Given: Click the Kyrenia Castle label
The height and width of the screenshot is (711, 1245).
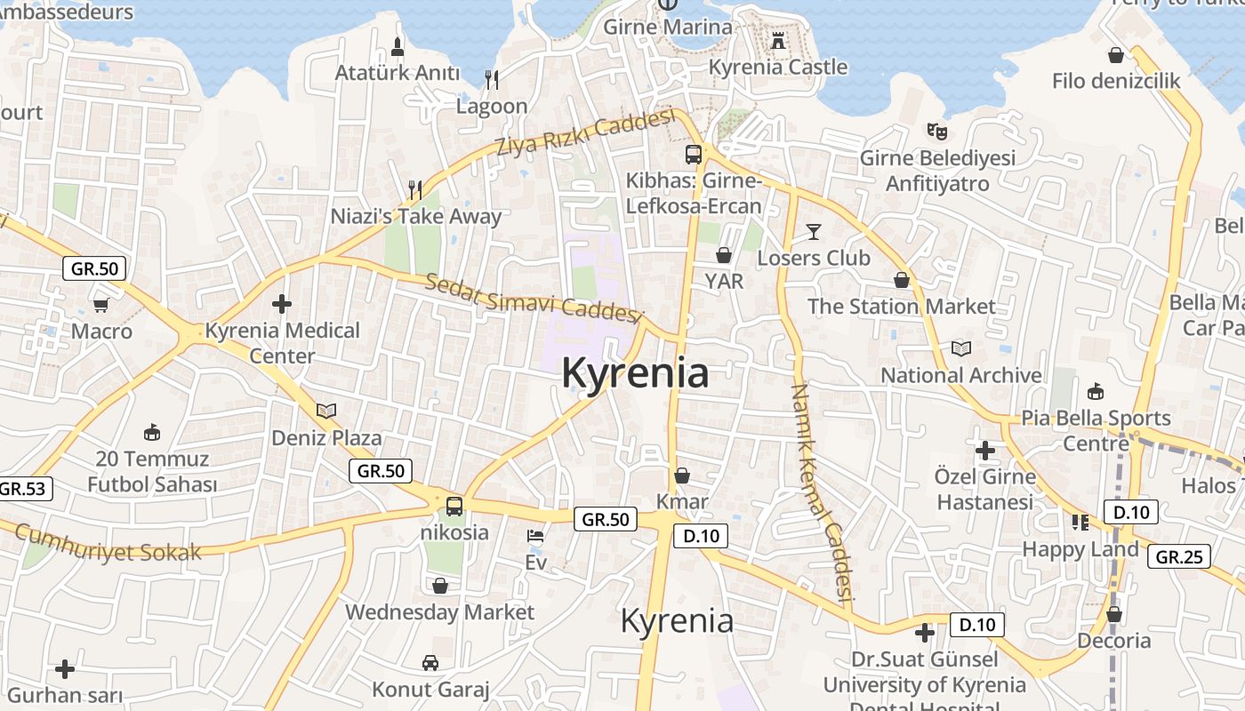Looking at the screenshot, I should [778, 67].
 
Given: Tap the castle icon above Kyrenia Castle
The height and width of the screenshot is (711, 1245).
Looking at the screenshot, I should [778, 40].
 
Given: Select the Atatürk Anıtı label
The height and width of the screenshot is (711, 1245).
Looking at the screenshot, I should [398, 73].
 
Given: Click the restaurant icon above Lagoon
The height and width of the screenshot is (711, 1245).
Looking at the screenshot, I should [492, 80].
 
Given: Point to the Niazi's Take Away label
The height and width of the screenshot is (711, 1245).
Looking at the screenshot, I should [416, 216].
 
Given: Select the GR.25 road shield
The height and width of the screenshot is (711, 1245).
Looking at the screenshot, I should [1179, 557].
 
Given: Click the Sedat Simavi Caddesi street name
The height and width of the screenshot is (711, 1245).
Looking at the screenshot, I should [534, 299].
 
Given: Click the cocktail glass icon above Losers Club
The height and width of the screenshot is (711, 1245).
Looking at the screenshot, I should [813, 233].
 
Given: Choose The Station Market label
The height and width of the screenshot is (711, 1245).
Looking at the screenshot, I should [902, 307].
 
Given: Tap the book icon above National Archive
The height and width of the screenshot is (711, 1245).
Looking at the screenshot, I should [961, 348].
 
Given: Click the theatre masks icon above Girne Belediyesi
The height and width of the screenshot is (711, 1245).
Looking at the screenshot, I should [936, 132].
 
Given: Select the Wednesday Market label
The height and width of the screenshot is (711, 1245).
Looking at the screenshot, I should [439, 612].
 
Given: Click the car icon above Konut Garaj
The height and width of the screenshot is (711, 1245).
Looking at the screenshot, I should [430, 663].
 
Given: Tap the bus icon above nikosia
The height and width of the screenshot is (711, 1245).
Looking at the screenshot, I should [454, 507].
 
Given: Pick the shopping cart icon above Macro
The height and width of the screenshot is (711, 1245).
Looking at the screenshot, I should [101, 305].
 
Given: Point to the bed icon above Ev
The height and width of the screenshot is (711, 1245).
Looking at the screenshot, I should [535, 536].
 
